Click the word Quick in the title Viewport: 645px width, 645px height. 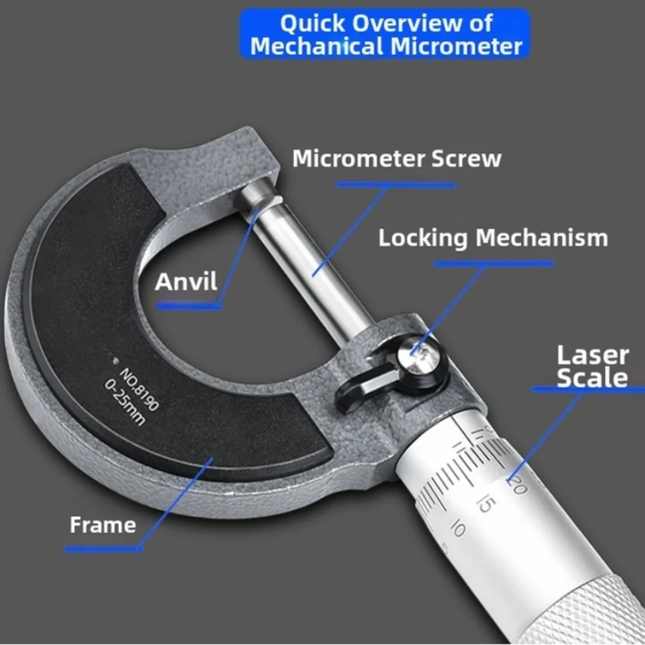(313, 23)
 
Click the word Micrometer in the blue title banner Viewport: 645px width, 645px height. (457, 46)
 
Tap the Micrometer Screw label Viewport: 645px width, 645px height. (397, 159)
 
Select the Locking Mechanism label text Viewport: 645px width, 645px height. (493, 238)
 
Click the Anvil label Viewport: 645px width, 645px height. (186, 282)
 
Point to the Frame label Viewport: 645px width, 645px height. (103, 525)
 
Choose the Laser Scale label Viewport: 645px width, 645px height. (593, 367)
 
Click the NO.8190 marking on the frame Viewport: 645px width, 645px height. (139, 389)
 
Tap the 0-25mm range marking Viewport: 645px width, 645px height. (124, 402)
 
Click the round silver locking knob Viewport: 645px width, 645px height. (419, 354)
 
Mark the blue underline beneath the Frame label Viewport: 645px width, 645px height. (103, 549)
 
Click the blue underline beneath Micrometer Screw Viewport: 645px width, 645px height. (396, 185)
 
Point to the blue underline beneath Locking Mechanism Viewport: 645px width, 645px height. (494, 264)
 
